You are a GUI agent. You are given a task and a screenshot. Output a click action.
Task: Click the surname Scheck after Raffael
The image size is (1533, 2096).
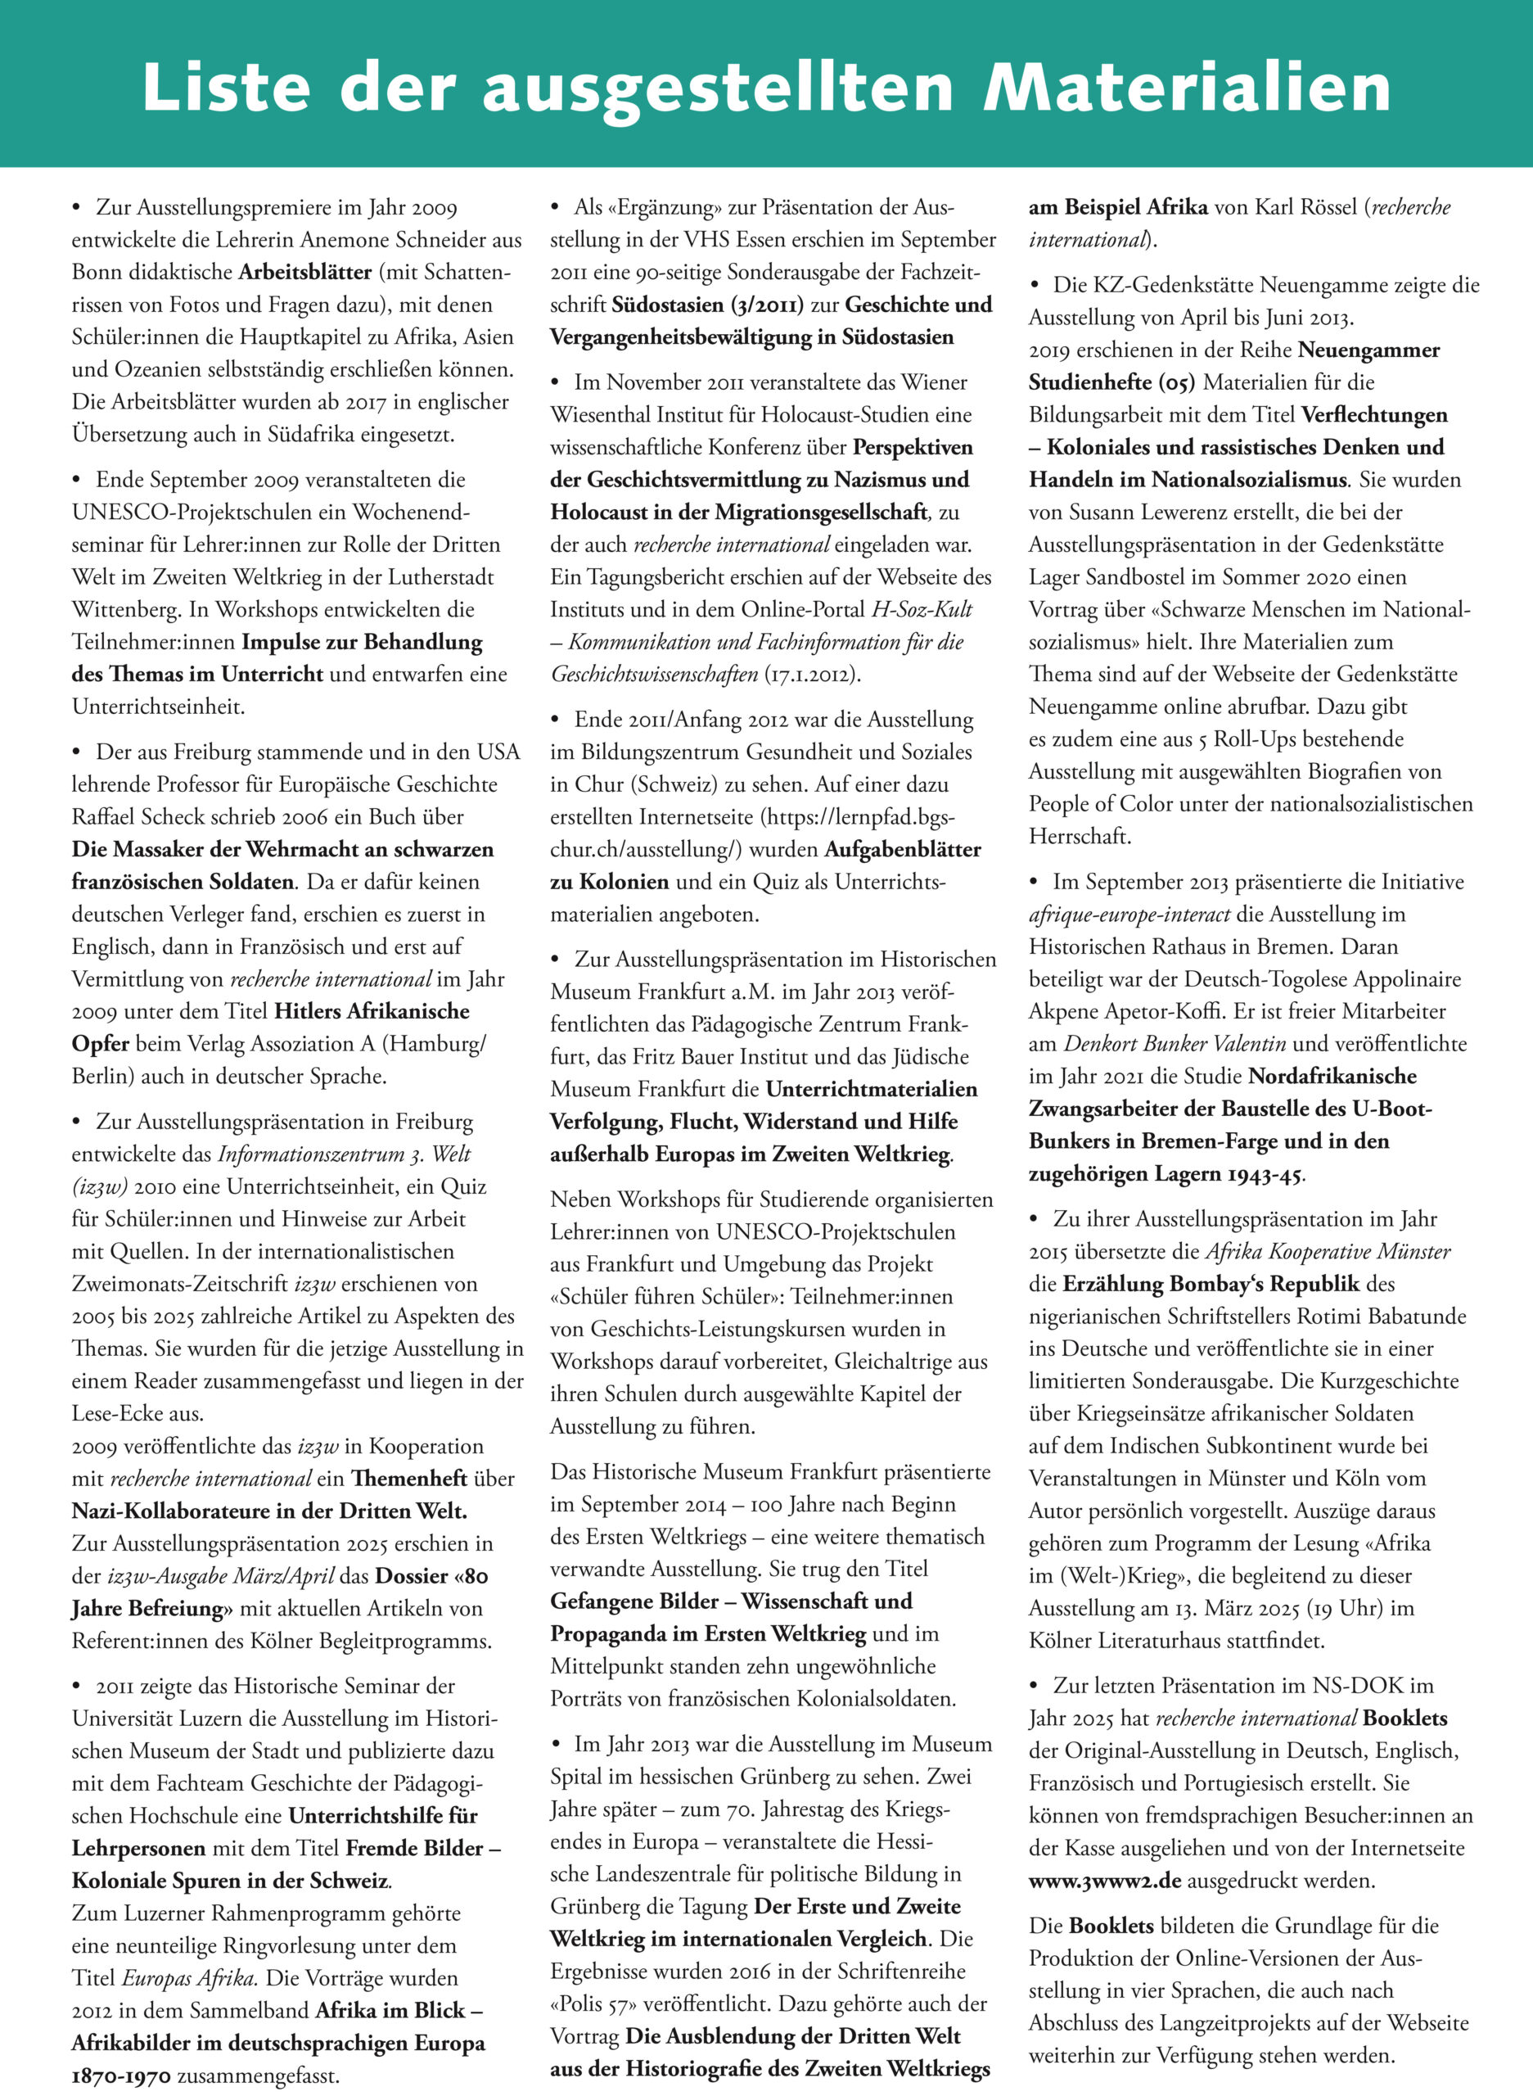click(183, 817)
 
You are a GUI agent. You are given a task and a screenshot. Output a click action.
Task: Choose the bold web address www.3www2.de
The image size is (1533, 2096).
click(1104, 1881)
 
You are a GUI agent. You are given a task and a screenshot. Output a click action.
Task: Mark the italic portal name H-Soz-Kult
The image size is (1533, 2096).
click(922, 609)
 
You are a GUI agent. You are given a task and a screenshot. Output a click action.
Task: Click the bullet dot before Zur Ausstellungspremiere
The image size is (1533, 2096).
click(77, 207)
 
